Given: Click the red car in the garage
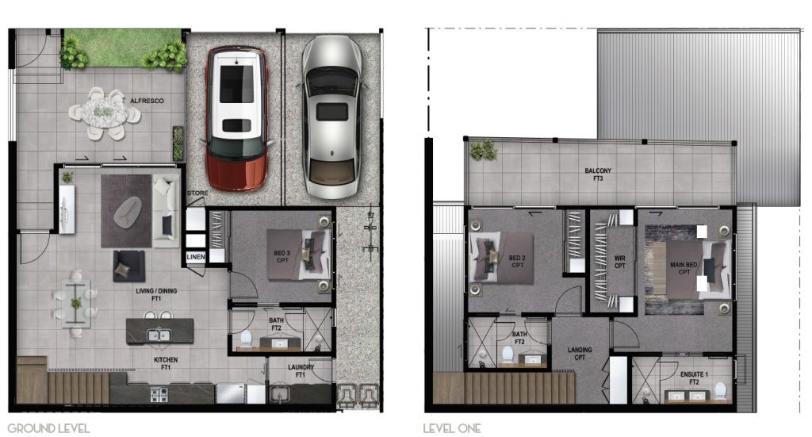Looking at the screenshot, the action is pos(237,119).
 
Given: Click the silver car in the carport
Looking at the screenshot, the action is pos(332,117).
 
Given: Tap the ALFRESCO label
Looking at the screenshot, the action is pos(147,101).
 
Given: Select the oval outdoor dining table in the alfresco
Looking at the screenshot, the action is pos(105,113).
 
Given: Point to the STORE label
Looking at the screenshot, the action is pos(197,194).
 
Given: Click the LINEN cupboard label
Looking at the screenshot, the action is pos(196,257).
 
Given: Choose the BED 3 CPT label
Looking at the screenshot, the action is pos(282,256).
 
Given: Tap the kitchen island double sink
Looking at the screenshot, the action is pos(159,335).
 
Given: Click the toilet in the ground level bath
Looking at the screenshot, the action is pos(246,339).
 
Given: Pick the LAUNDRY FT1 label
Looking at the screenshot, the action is pos(301,370).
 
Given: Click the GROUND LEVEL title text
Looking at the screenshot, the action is pos(48,429).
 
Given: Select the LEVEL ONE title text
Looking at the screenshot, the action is pos(452,429).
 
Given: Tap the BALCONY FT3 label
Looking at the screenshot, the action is pos(598,174).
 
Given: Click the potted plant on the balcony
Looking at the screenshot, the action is pos(483,151).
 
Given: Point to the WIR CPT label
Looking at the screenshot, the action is pos(620,262).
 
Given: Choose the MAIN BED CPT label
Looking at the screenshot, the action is pos(684,268).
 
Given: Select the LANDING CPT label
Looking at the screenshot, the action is pos(580,354).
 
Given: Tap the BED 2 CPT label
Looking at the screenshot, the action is pos(517,262).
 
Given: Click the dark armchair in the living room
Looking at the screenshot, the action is pos(128,266).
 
